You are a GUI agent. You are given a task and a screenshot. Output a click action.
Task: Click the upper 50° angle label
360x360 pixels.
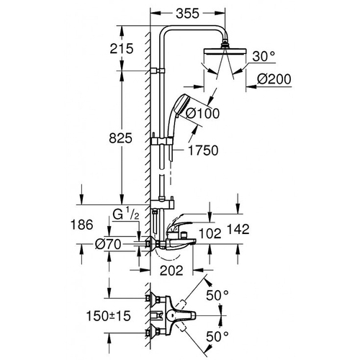[x=218, y=294]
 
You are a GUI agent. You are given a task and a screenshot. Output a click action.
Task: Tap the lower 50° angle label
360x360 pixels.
[x=218, y=336]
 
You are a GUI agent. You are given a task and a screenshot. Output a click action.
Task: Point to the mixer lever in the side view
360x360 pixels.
[x=186, y=233]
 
